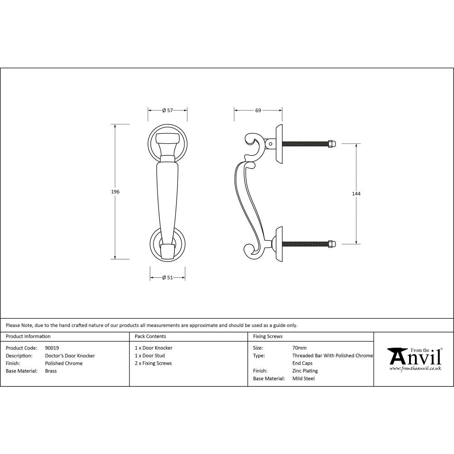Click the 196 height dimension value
click(x=115, y=192)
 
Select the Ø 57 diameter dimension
click(x=168, y=110)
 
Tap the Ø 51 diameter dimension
click(x=168, y=278)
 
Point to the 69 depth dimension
click(x=258, y=110)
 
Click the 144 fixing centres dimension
click(x=356, y=194)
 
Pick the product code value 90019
click(x=52, y=348)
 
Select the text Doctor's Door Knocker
click(x=70, y=356)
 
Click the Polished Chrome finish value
click(x=64, y=363)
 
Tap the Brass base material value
click(x=51, y=371)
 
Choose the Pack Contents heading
click(x=150, y=336)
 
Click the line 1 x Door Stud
click(x=150, y=356)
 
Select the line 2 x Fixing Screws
click(x=153, y=363)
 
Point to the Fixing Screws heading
click(x=268, y=336)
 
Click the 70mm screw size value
click(x=299, y=348)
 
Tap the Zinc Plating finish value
click(x=305, y=371)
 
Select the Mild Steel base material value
click(x=303, y=379)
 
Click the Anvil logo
click(x=414, y=359)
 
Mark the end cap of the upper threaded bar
click(x=332, y=144)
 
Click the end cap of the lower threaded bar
click(x=332, y=244)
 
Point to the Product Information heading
click(x=28, y=336)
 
